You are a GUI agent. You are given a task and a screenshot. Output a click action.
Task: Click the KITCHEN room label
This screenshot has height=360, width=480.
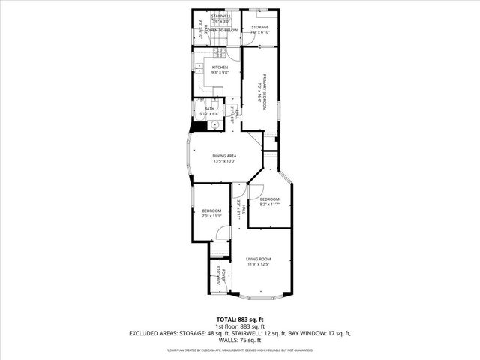click(x=220, y=67)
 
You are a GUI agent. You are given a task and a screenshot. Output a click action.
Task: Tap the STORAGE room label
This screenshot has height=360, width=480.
click(x=260, y=27)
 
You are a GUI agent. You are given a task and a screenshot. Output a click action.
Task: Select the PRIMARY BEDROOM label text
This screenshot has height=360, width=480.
click(x=265, y=89)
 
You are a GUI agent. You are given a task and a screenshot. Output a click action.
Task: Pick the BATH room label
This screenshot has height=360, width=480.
click(x=209, y=108)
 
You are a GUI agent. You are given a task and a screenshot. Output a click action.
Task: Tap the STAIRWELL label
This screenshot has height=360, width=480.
click(x=220, y=15)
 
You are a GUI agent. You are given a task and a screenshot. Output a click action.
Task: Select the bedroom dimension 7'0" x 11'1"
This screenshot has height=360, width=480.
click(x=211, y=216)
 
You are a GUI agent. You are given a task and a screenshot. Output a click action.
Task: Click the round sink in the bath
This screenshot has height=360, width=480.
click(x=213, y=125)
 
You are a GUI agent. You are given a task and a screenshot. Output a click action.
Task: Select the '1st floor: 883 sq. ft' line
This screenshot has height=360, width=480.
click(x=240, y=326)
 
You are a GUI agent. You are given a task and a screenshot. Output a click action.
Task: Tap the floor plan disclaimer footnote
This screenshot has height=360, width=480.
click(x=240, y=349)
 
